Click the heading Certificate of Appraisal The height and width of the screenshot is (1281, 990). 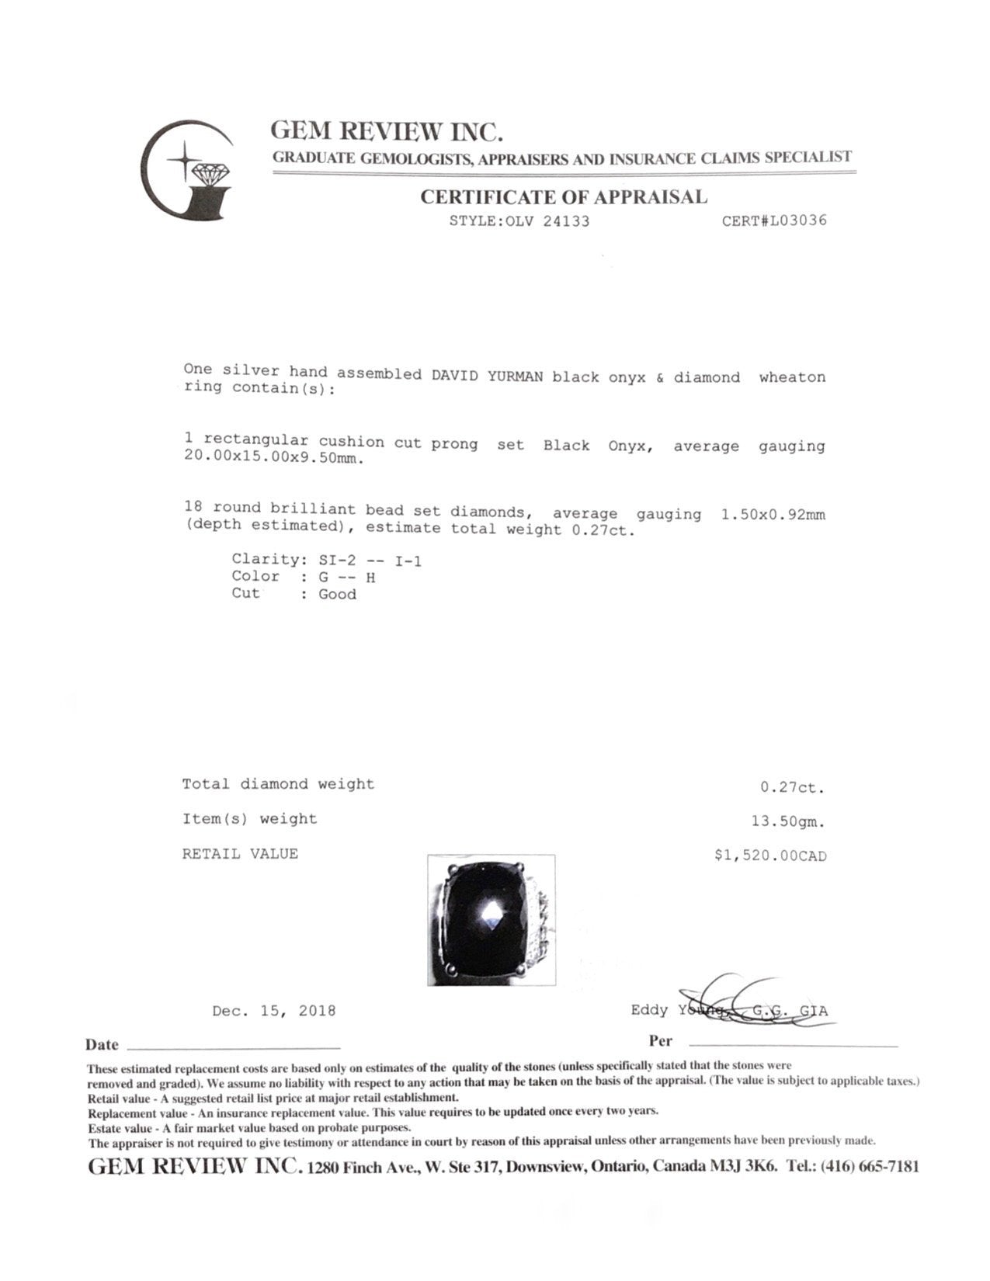[564, 197]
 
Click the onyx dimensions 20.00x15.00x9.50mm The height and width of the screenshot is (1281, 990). [273, 457]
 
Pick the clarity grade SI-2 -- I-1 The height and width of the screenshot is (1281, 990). [370, 560]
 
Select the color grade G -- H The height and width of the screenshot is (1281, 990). [347, 577]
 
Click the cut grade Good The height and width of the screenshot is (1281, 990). [337, 595]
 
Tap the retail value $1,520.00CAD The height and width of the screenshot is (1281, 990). [770, 856]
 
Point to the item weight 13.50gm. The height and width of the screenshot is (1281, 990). [783, 821]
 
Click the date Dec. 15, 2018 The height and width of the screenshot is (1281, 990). [274, 1011]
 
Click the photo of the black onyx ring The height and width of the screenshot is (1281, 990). [491, 919]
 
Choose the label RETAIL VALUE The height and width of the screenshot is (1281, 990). [240, 854]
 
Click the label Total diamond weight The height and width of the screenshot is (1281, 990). [278, 784]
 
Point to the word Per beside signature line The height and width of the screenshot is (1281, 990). [660, 1041]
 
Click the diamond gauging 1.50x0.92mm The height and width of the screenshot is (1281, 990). [773, 514]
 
